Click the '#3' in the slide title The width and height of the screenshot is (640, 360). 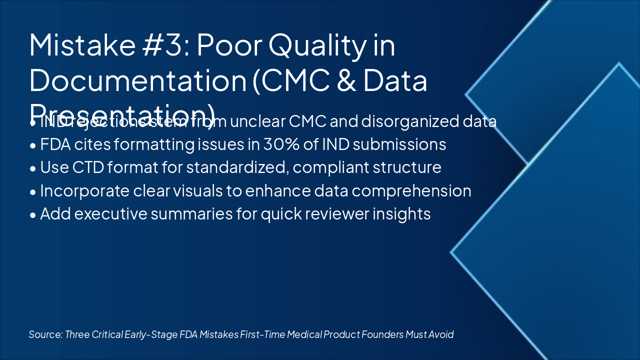[x=165, y=45]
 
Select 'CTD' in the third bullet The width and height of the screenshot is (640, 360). [x=83, y=167]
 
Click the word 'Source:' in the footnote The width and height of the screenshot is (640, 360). [x=45, y=334]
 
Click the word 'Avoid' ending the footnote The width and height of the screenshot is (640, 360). [x=441, y=334]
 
